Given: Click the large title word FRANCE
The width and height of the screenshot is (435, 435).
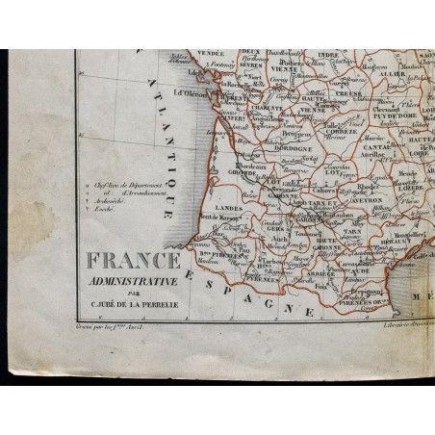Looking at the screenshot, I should [134, 262].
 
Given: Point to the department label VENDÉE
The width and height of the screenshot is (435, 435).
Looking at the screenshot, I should [211, 55].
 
